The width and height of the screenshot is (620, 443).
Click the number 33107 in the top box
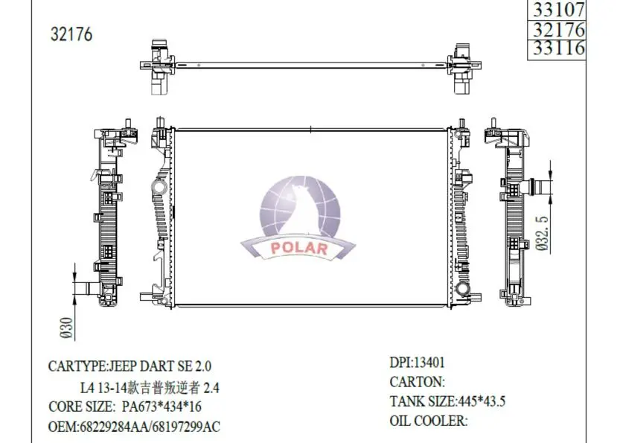pos(556,9)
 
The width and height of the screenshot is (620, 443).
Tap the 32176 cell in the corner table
pos(556,30)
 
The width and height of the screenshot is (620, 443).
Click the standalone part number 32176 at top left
pos(71,35)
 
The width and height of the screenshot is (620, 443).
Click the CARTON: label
pos(418,383)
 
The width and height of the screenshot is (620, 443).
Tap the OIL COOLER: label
pos(429,421)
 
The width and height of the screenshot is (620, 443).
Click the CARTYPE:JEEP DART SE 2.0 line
pos(130,366)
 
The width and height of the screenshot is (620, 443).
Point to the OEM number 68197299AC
pos(185,427)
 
